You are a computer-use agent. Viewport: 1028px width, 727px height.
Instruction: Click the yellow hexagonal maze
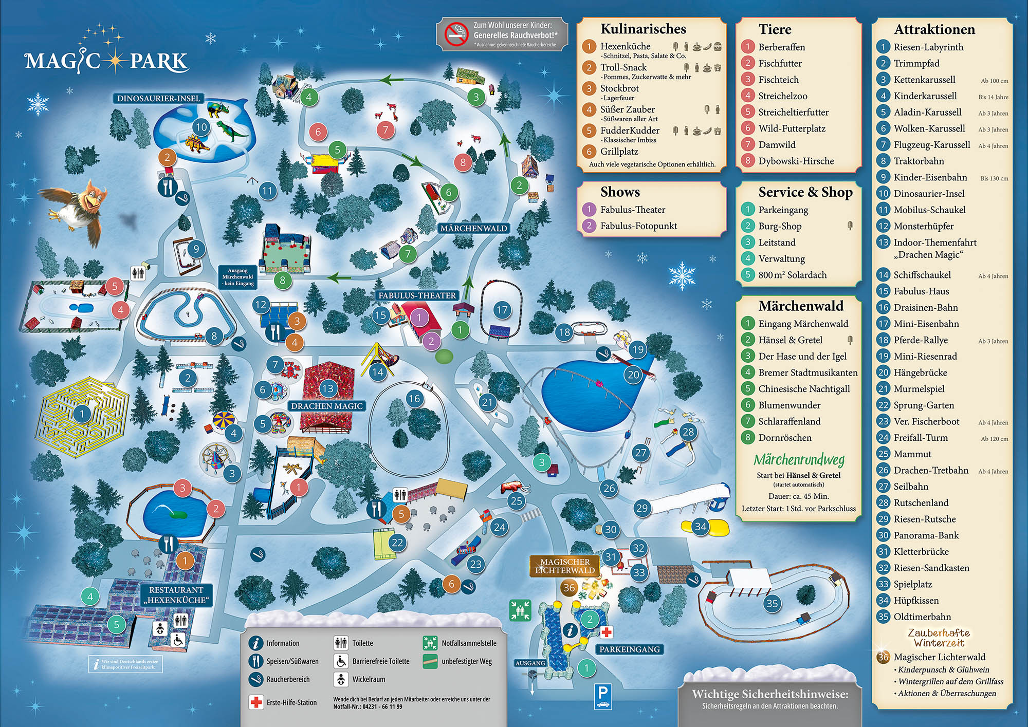(x=82, y=414)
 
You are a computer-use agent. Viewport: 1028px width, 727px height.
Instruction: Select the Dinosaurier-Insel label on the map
(x=158, y=98)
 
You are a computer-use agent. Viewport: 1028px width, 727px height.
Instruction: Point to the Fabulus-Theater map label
(x=417, y=295)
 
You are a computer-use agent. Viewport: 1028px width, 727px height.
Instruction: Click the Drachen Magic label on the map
(x=327, y=406)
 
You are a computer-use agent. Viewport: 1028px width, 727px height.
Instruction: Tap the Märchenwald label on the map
(x=473, y=228)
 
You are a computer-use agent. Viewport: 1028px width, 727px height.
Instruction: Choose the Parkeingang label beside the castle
(x=629, y=649)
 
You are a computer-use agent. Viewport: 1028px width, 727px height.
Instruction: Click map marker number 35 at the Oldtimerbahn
(x=772, y=603)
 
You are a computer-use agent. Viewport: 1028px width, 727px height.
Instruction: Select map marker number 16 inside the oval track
(x=414, y=398)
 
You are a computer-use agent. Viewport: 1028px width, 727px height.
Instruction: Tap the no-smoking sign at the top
(x=455, y=34)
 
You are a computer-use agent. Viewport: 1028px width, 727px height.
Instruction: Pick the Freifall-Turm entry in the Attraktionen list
(x=920, y=438)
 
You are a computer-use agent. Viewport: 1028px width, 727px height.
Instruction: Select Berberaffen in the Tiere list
(x=781, y=47)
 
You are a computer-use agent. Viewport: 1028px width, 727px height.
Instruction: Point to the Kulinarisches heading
(x=643, y=29)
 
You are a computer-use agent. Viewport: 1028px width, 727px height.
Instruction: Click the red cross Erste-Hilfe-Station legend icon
(x=255, y=702)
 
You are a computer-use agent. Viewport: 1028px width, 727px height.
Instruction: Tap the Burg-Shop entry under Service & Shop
(x=779, y=226)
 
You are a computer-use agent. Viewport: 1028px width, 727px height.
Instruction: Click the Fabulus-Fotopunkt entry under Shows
(x=638, y=226)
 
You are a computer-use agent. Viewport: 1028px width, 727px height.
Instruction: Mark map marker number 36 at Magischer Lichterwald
(x=569, y=588)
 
